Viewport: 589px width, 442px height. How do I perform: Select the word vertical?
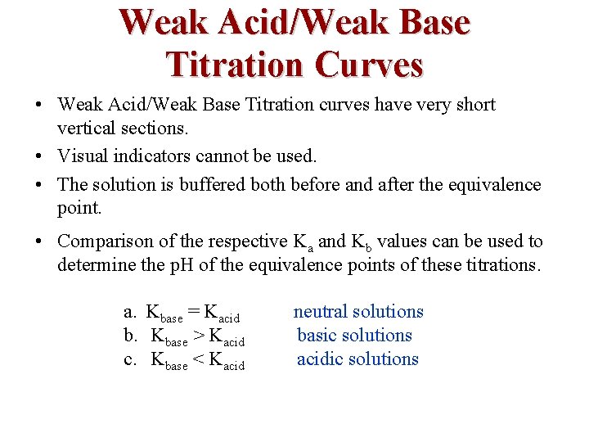[x=88, y=129]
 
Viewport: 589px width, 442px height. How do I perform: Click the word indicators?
[x=151, y=156]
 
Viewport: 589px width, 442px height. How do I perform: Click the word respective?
[x=246, y=241]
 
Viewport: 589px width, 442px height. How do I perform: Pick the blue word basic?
[x=317, y=335]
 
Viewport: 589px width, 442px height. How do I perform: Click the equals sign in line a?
[x=193, y=312]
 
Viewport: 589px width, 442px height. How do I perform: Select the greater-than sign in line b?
[x=199, y=336]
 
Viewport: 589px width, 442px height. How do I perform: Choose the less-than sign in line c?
[x=199, y=359]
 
